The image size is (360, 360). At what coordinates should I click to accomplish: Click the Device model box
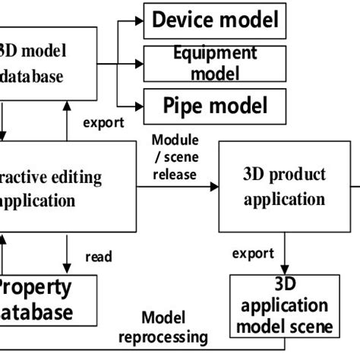215,21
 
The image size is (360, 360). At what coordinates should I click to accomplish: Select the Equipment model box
215,64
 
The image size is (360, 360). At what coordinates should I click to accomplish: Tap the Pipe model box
215,106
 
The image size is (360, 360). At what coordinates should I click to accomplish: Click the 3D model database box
49,64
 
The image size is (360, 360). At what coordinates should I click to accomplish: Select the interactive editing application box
49,190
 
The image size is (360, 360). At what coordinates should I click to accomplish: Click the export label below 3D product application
249,252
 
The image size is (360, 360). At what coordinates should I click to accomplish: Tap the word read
99,257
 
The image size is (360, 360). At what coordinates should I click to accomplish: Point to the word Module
175,141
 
